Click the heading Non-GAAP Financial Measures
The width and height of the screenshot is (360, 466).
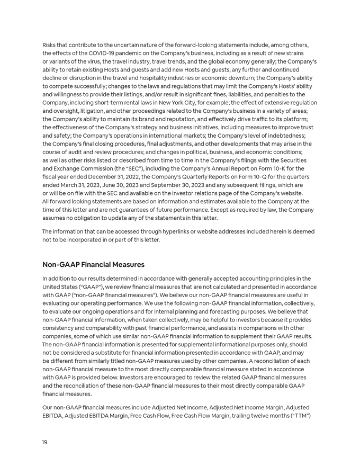coord(93,264)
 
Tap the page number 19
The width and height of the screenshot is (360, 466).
coord(45,442)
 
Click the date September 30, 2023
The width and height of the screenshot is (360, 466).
coord(168,185)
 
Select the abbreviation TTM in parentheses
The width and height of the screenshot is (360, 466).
coord(299,415)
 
